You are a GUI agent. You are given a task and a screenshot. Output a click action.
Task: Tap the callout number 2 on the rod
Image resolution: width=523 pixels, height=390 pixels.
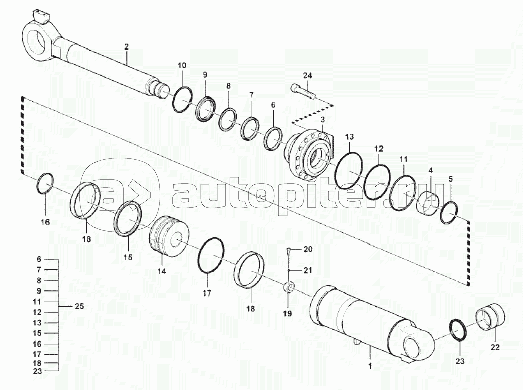[126, 46]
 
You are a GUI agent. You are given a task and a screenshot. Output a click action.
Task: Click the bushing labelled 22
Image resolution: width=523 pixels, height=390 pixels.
[491, 316]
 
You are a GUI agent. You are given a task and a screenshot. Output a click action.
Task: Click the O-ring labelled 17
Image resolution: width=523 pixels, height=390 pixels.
[212, 257]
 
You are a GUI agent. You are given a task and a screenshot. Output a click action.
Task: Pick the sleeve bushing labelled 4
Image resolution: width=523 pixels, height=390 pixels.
[429, 203]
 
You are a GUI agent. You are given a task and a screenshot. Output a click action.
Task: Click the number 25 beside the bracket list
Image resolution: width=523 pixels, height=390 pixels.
[79, 307]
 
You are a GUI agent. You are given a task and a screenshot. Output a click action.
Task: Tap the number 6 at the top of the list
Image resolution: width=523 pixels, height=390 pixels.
[39, 259]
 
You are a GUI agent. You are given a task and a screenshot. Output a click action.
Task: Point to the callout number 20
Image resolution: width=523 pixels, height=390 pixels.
[308, 249]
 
